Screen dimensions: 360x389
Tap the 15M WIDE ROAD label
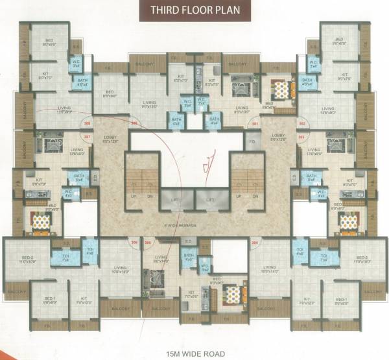(x=194, y=354)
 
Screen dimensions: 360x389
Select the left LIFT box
(x=176, y=200)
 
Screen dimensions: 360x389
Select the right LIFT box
(x=211, y=200)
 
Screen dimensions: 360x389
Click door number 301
(x=255, y=124)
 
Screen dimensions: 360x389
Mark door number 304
(x=255, y=243)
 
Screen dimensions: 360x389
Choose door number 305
(x=148, y=243)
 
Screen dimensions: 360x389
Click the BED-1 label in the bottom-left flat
(x=50, y=300)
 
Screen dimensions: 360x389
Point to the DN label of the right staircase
(x=254, y=196)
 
